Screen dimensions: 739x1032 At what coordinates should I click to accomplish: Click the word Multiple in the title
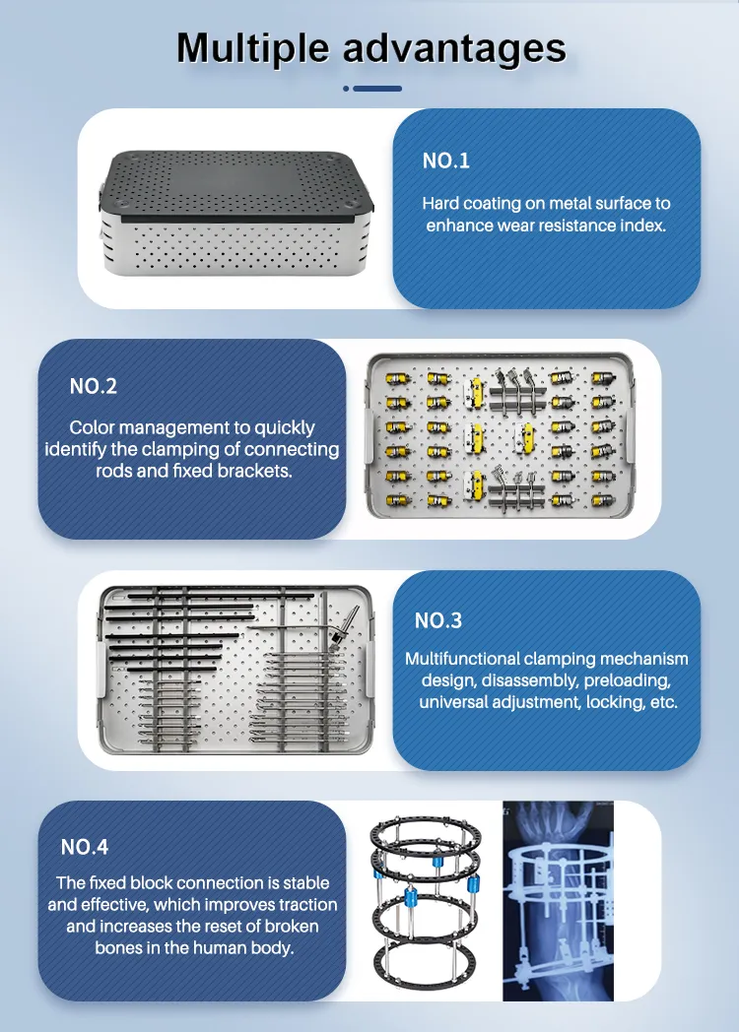tap(252, 48)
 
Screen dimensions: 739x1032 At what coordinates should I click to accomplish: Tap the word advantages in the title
tap(454, 48)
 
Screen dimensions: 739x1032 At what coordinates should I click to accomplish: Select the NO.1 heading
tap(446, 161)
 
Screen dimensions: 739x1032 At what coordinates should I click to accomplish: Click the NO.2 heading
tap(94, 386)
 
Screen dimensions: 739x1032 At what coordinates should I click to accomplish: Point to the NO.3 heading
tap(438, 620)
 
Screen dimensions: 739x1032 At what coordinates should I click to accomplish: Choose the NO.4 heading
tap(85, 847)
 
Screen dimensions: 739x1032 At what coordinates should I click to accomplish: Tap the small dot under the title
tap(346, 89)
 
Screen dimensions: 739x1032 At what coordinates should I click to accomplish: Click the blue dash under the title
tap(377, 89)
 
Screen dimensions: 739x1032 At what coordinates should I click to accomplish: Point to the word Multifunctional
tap(462, 659)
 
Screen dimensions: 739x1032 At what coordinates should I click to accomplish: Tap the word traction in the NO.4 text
tap(307, 905)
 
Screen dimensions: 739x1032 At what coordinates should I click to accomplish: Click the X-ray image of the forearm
tap(558, 900)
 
